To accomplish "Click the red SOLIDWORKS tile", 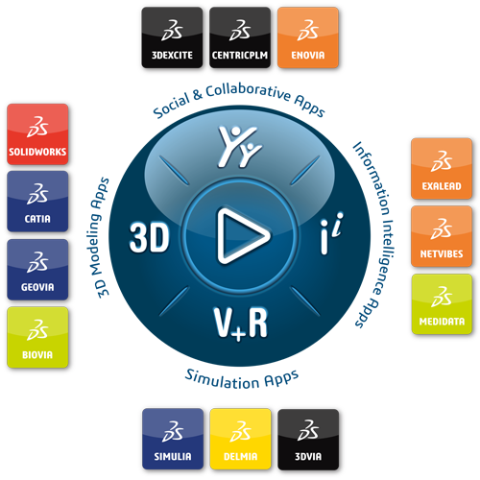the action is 37,134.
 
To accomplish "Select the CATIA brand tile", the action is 37,202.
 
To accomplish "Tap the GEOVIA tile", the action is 37,270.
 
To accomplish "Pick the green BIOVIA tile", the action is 37,337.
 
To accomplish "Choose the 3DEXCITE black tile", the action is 172,37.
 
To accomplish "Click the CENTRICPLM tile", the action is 240,37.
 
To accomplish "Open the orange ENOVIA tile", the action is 308,37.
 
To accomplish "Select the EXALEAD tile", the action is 442,168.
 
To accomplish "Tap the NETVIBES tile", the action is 442,236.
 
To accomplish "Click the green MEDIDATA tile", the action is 442,304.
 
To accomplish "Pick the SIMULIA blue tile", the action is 173,439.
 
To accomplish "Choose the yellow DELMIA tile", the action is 241,439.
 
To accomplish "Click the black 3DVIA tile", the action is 308,440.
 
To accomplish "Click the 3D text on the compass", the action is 149,237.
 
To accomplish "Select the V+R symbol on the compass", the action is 241,324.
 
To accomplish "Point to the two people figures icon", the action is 239,147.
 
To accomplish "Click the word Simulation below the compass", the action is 222,380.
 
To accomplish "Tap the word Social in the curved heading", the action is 171,106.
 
